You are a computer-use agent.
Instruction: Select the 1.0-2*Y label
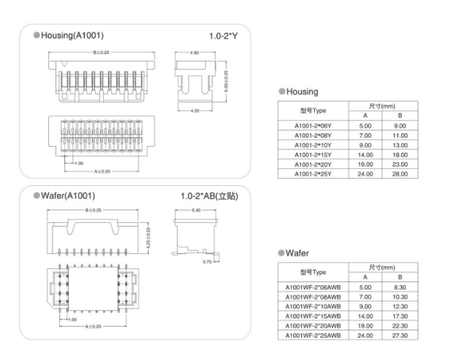(x=224, y=36)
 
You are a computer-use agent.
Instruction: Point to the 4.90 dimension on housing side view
(x=195, y=53)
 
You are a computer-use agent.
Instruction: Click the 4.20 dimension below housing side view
(x=195, y=110)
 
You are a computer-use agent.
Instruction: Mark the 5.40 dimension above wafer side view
(x=196, y=211)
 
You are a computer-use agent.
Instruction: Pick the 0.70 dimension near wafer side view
(x=207, y=261)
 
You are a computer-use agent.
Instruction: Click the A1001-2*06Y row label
(x=312, y=127)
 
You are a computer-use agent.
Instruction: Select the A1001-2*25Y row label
(x=312, y=173)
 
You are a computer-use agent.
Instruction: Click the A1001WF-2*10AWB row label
(x=312, y=306)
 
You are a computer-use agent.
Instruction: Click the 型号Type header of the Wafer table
(x=312, y=272)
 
